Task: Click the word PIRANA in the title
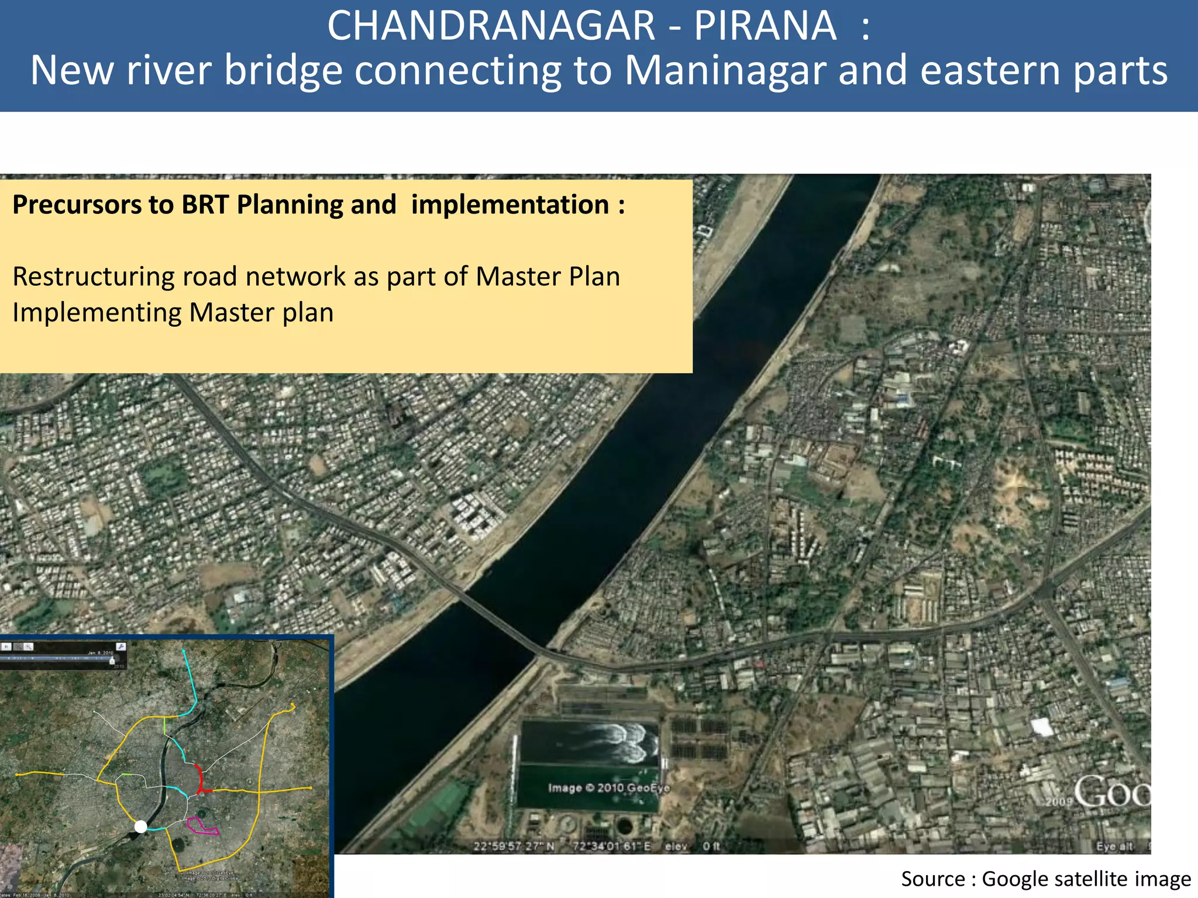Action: [x=765, y=26]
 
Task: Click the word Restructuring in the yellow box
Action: [x=93, y=277]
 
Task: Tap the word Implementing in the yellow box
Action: [x=97, y=313]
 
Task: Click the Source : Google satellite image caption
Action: [x=1045, y=879]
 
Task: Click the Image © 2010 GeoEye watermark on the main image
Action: [x=608, y=788]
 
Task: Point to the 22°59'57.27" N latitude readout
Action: [x=514, y=846]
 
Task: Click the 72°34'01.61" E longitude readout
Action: [x=612, y=846]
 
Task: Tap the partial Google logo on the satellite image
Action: [x=1111, y=793]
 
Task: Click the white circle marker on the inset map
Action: [x=141, y=826]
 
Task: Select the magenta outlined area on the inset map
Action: [x=202, y=826]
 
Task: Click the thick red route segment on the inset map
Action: [x=200, y=778]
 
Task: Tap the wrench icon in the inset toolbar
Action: [x=121, y=646]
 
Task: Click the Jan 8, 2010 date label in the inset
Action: [x=101, y=653]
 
